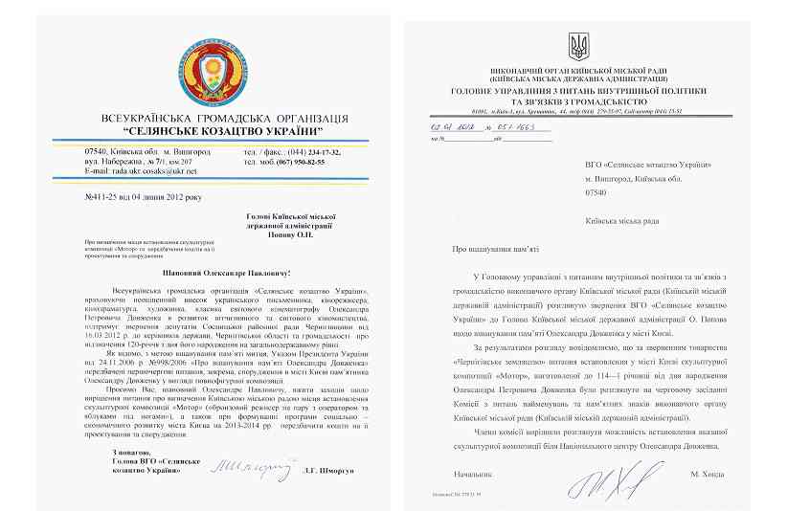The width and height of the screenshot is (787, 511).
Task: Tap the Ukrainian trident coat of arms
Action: [580, 45]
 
